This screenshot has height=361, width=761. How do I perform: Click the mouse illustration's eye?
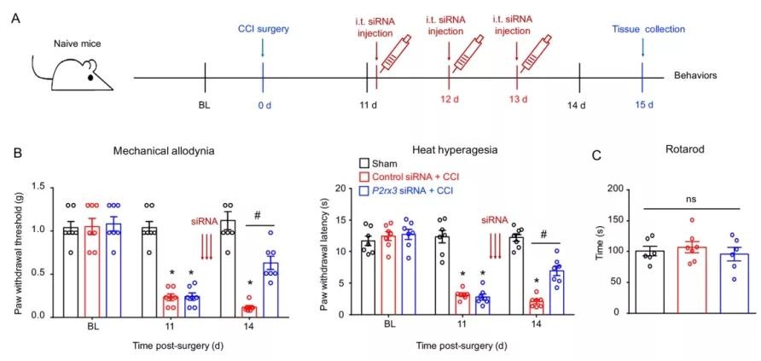(x=90, y=78)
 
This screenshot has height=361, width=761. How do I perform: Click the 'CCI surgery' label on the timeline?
(x=263, y=29)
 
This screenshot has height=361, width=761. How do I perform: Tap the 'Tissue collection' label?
(x=648, y=29)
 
